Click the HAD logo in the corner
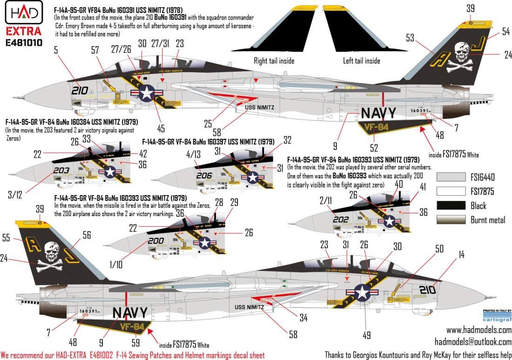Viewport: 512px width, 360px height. pos(21,12)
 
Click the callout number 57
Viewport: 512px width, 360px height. pos(96,48)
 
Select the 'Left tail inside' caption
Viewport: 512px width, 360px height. pos(355,61)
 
